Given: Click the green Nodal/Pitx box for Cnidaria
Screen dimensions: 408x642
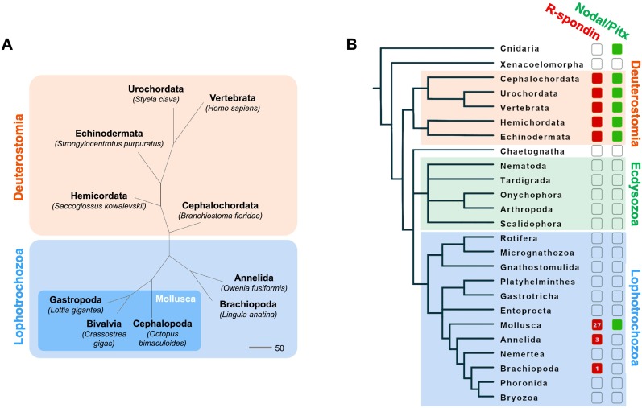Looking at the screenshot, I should [x=618, y=50].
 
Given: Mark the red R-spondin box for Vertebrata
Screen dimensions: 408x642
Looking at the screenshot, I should [x=597, y=107].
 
